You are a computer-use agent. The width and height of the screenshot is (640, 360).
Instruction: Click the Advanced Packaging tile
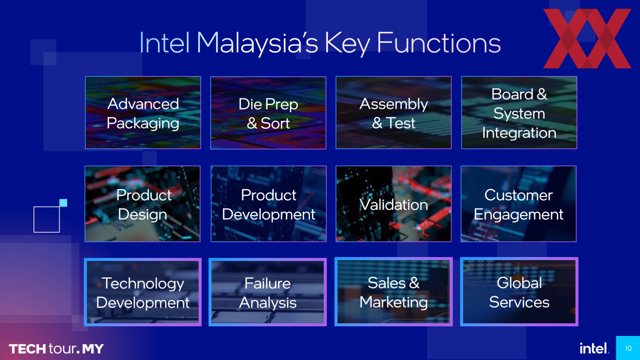(143, 113)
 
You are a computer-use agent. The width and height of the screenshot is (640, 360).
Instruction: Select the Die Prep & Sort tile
(268, 113)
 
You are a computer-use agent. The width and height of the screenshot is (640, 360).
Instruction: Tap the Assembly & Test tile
(394, 113)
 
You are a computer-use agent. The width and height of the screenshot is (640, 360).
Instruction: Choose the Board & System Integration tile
(519, 113)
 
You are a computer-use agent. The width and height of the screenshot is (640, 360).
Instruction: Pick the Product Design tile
(143, 204)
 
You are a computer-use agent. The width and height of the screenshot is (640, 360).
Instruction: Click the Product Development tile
(269, 204)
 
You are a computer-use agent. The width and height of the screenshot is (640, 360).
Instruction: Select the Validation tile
(394, 204)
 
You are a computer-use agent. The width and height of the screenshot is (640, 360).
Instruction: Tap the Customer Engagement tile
(519, 204)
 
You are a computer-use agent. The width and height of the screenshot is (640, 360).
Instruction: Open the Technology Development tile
(143, 292)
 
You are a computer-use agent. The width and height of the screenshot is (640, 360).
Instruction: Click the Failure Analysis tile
(268, 292)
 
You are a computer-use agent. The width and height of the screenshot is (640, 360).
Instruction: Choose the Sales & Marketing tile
(394, 292)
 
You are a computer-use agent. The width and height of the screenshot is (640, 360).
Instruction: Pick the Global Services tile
(519, 292)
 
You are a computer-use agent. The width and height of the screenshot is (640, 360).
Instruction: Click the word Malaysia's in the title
(257, 43)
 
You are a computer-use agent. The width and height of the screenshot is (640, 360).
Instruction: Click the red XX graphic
(587, 38)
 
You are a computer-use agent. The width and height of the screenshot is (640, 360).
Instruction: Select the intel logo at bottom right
(593, 348)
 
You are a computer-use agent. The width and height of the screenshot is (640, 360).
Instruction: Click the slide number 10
(628, 348)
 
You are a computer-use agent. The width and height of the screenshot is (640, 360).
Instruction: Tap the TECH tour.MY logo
(56, 349)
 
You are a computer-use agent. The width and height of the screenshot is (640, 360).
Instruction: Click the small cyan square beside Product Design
(63, 203)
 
